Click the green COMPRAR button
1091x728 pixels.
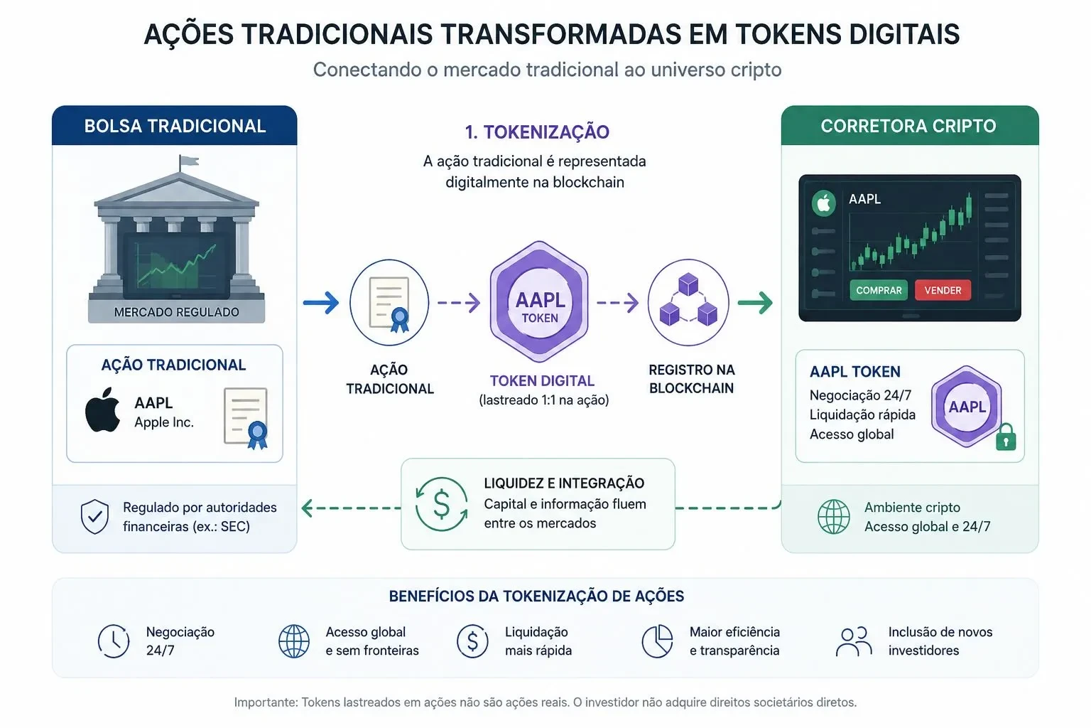[x=879, y=290]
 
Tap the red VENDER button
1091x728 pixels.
[x=943, y=290]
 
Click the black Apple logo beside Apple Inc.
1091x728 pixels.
[x=103, y=409]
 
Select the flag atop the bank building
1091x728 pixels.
[x=188, y=161]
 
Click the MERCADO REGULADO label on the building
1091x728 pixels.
[x=176, y=312]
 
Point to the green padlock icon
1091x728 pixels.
[x=1006, y=437]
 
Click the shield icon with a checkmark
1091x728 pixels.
[x=94, y=516]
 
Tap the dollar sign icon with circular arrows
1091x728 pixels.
[x=441, y=504]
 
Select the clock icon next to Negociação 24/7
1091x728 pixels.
[x=114, y=641]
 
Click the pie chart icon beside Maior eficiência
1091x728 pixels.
[x=657, y=641]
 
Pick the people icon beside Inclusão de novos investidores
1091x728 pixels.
[x=854, y=642]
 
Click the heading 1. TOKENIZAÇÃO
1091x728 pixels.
[x=537, y=132]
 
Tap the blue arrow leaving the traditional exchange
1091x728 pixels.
[x=321, y=303]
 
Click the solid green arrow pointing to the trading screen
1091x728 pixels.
[x=756, y=303]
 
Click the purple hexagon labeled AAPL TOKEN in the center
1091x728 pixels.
[x=539, y=302]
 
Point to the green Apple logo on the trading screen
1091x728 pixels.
[x=824, y=203]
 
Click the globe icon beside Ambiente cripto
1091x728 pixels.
[x=833, y=516]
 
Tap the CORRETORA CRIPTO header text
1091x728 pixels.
[x=908, y=126]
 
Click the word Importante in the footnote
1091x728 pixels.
[x=266, y=702]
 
